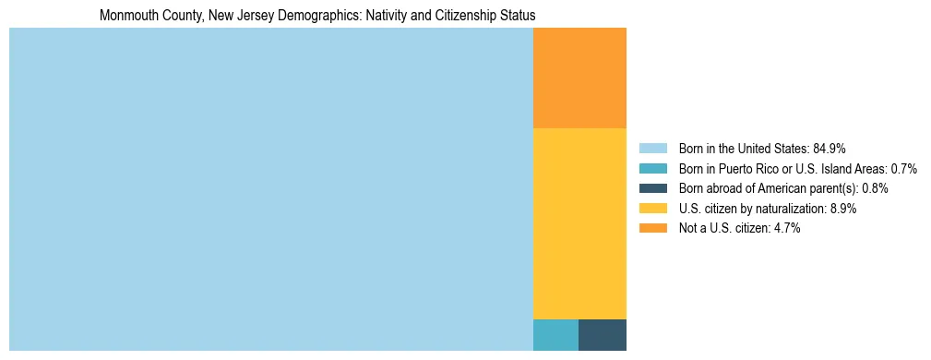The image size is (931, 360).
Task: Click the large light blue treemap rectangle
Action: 270,189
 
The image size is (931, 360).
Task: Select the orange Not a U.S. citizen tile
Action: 579,78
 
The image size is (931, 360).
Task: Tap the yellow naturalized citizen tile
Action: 579,223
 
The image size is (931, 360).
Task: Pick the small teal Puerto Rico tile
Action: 555,335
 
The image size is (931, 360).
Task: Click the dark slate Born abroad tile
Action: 603,335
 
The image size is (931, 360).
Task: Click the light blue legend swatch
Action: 652,149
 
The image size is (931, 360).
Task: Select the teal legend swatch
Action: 652,169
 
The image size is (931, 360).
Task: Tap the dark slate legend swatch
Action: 652,188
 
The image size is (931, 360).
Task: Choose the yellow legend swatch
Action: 652,209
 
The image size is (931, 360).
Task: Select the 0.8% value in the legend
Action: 875,188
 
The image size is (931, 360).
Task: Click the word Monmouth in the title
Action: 125,16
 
